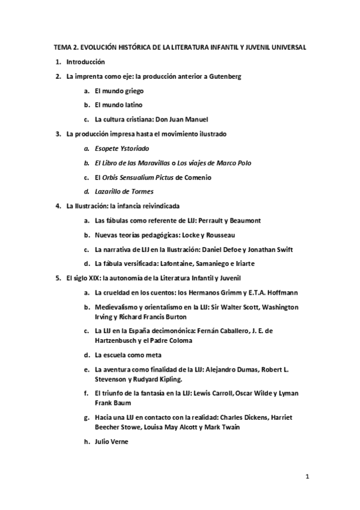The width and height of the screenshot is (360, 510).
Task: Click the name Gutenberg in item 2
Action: click(x=224, y=76)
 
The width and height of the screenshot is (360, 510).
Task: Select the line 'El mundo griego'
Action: click(x=119, y=91)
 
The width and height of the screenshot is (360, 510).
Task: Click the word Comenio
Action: click(x=196, y=177)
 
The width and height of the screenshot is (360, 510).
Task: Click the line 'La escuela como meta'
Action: click(x=128, y=355)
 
